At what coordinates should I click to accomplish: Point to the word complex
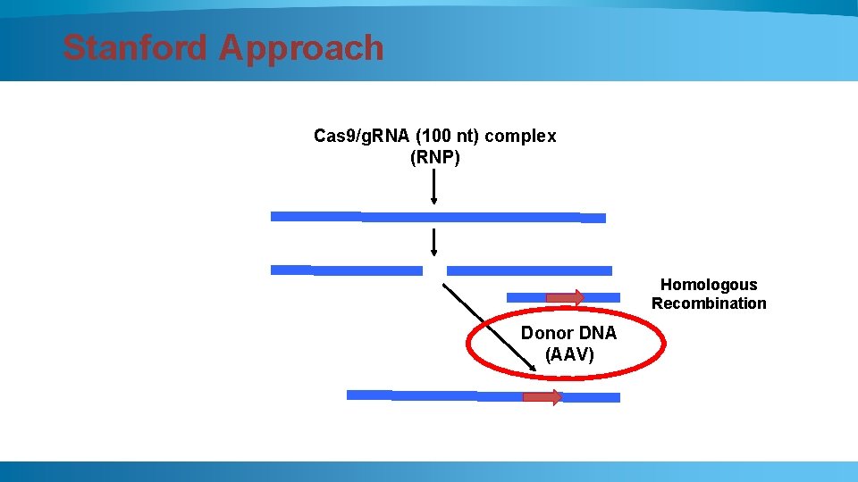pyautogui.click(x=526, y=136)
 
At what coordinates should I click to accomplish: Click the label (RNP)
pyautogui.click(x=434, y=158)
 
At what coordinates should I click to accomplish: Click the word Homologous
pyautogui.click(x=708, y=285)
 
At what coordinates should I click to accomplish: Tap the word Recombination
pyautogui.click(x=708, y=303)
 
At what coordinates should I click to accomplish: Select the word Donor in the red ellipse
pyautogui.click(x=545, y=333)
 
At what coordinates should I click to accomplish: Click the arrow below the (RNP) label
pyautogui.click(x=433, y=187)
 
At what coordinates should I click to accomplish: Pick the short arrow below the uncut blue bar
pyautogui.click(x=433, y=242)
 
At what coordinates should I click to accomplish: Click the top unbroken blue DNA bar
pyautogui.click(x=438, y=216)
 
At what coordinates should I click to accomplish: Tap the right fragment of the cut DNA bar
pyautogui.click(x=529, y=270)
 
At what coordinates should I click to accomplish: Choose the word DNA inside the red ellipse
pyautogui.click(x=595, y=333)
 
